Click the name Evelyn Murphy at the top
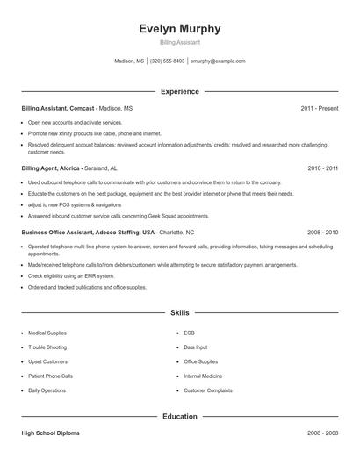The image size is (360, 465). [x=180, y=29]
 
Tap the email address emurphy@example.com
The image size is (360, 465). [x=218, y=61]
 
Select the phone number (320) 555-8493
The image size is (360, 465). [x=167, y=61]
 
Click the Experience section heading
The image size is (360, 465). [x=180, y=91]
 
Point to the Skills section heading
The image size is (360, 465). [x=180, y=311]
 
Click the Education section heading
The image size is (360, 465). [x=180, y=416]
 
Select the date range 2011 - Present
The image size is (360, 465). [x=319, y=108]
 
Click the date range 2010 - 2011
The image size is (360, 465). [x=322, y=168]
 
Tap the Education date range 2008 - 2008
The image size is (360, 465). [x=322, y=433]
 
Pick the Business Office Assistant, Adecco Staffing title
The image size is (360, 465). [x=89, y=232]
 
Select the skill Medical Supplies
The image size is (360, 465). [x=47, y=333]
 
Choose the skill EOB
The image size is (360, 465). [x=189, y=333]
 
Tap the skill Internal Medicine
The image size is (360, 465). [x=204, y=376]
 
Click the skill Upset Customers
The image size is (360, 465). [x=47, y=361]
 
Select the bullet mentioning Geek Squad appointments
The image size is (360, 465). [x=119, y=215]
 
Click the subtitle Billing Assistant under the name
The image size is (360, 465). [x=180, y=42]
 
